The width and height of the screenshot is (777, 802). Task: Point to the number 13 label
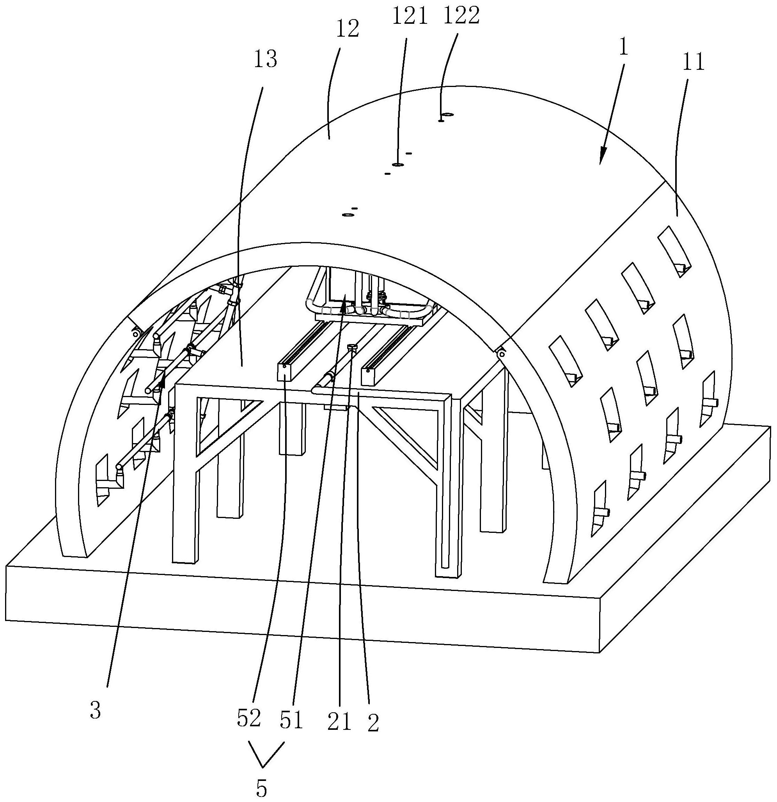265,60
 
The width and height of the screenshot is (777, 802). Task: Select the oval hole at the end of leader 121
397,165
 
